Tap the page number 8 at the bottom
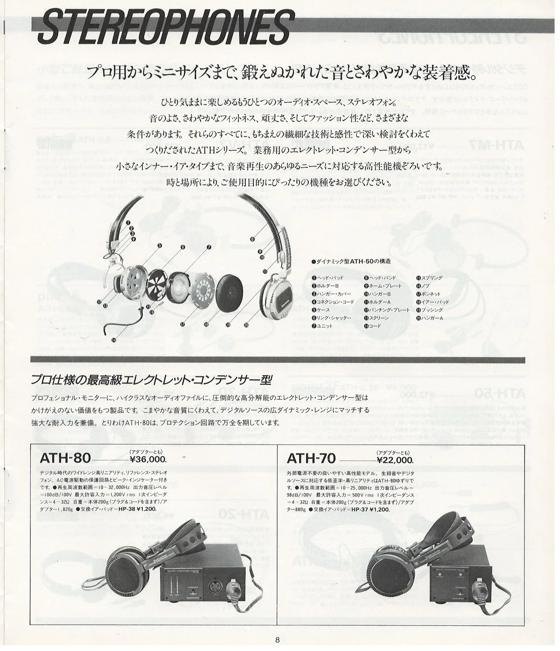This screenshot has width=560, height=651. click(277, 640)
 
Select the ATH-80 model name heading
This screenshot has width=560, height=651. click(65, 459)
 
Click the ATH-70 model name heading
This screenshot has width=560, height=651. click(311, 459)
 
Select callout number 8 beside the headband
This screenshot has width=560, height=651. click(252, 239)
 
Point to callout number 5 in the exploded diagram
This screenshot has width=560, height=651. click(159, 245)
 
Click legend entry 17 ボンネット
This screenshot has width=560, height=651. click(429, 294)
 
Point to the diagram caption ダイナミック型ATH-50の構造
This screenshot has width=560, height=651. click(351, 261)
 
